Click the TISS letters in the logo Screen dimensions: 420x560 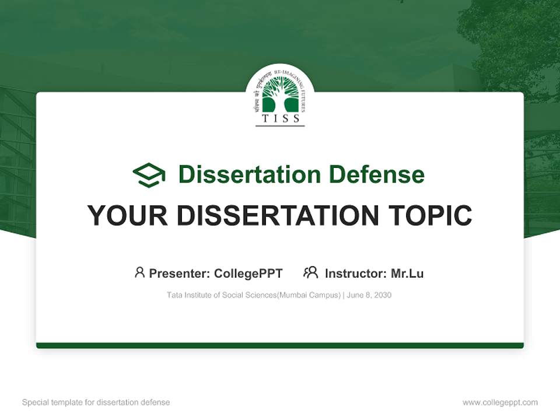[x=280, y=118]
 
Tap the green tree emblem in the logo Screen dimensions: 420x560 [x=280, y=96]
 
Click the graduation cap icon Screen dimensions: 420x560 [x=149, y=175]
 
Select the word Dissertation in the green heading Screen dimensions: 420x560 [x=249, y=174]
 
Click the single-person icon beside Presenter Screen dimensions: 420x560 [x=139, y=272]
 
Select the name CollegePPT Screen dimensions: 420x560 [x=249, y=274]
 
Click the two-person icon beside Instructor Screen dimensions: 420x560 [x=310, y=272]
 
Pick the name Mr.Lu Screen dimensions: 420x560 [x=407, y=274]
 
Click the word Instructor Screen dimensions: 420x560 [x=355, y=274]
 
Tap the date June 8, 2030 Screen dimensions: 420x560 [x=369, y=295]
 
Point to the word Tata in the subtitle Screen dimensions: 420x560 [x=174, y=295]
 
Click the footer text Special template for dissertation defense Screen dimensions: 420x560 [x=96, y=402]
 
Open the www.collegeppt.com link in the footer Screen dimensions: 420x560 [x=500, y=402]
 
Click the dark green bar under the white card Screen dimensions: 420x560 [x=280, y=346]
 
